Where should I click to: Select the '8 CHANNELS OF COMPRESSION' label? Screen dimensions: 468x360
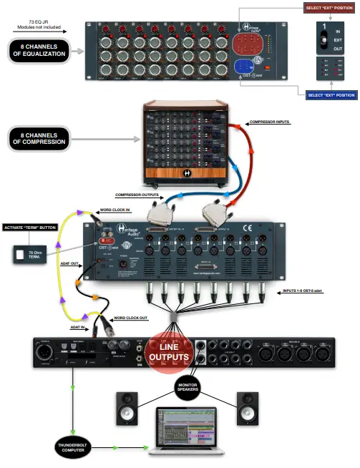click(39, 137)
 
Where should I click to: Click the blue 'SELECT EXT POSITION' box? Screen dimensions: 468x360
click(330, 95)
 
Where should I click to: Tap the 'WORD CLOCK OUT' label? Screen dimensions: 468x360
click(132, 316)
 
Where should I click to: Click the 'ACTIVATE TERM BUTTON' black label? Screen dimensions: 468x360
click(29, 228)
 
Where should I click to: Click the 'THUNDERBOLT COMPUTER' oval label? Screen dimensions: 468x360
click(72, 448)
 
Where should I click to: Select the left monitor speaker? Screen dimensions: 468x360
click(126, 408)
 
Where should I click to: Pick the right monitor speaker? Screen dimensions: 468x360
click(247, 408)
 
